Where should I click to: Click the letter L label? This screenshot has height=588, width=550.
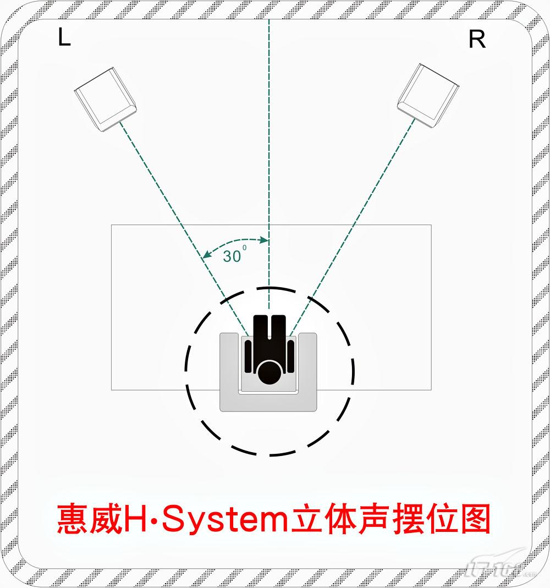pos(64,37)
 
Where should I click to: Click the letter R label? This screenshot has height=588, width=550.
pos(477,39)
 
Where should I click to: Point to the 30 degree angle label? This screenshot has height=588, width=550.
pos(235,255)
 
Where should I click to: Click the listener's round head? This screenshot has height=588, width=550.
pos(269,372)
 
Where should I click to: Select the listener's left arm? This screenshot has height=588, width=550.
pos(248,356)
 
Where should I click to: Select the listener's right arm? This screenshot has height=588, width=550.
pos(290,356)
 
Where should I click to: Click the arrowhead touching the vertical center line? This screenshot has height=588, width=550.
pos(265,240)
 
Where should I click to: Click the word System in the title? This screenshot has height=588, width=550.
pos(224,520)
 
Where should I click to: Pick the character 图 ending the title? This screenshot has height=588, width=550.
pos(475,519)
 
